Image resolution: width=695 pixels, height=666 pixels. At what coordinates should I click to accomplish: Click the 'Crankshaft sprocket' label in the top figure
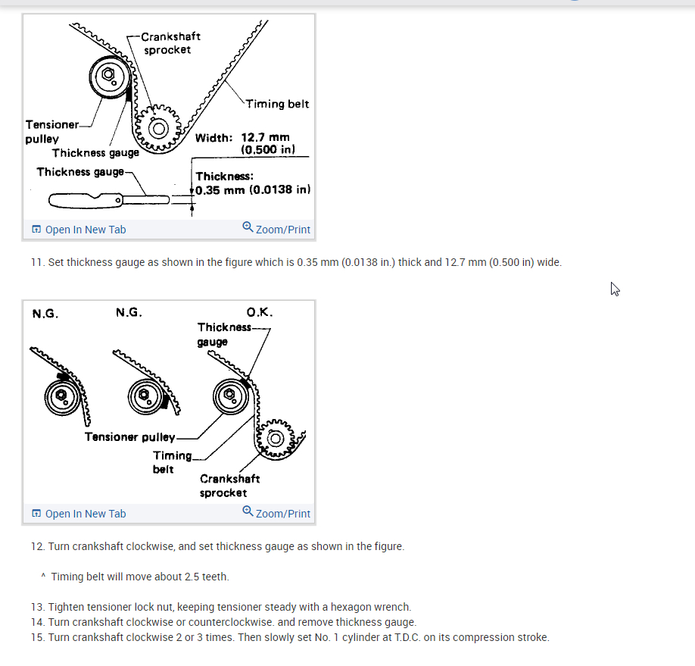(170, 43)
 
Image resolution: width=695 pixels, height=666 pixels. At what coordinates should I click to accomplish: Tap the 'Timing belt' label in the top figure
(277, 104)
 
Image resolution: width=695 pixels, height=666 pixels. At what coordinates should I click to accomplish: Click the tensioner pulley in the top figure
(109, 77)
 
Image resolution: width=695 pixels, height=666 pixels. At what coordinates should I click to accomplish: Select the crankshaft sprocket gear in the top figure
(158, 128)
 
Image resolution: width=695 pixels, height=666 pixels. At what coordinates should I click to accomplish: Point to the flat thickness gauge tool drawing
(109, 201)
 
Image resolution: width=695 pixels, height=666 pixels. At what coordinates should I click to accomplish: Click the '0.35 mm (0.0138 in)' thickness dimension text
(253, 190)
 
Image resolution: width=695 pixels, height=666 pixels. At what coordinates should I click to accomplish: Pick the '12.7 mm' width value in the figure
(265, 137)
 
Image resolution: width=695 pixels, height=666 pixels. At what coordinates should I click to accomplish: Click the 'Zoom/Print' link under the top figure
(276, 229)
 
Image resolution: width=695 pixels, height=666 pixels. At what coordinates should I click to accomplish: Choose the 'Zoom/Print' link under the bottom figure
(276, 512)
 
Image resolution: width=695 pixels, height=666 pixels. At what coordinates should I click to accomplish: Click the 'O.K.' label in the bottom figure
(260, 312)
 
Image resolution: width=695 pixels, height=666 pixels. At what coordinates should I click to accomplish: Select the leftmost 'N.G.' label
(45, 314)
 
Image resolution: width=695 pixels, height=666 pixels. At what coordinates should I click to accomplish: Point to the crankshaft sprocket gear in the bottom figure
(276, 439)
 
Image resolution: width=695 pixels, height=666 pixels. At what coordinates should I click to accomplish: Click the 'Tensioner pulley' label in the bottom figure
(130, 437)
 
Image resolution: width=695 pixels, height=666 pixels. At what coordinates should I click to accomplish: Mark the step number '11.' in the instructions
(38, 262)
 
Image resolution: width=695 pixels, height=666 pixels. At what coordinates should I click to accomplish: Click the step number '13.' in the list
(38, 607)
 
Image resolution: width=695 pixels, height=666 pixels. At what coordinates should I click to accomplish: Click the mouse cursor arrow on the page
(614, 289)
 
